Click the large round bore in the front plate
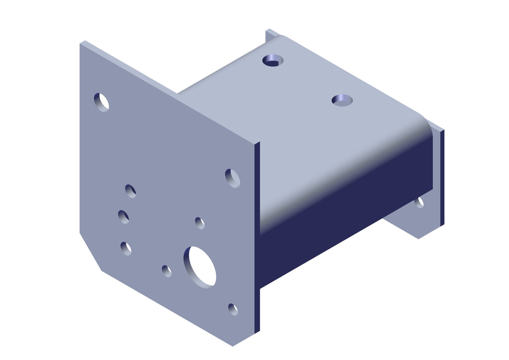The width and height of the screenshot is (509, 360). [200, 267]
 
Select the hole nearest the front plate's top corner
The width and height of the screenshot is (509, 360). [101, 101]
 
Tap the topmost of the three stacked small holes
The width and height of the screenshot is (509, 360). [131, 191]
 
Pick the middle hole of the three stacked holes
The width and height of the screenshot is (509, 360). [124, 217]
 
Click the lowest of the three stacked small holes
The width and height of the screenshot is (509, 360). [126, 248]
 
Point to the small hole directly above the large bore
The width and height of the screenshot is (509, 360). [200, 223]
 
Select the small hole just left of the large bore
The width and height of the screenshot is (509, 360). [167, 271]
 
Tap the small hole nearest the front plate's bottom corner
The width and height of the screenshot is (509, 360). [233, 309]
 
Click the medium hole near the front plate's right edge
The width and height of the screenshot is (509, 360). [233, 178]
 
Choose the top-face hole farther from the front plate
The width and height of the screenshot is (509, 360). [272, 60]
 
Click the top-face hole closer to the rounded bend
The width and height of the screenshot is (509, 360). [342, 99]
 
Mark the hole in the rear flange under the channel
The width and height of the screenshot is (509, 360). [420, 202]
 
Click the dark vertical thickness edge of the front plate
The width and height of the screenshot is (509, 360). [257, 239]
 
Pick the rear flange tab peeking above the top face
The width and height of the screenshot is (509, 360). [271, 34]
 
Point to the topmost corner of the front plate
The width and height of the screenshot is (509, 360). [83, 42]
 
